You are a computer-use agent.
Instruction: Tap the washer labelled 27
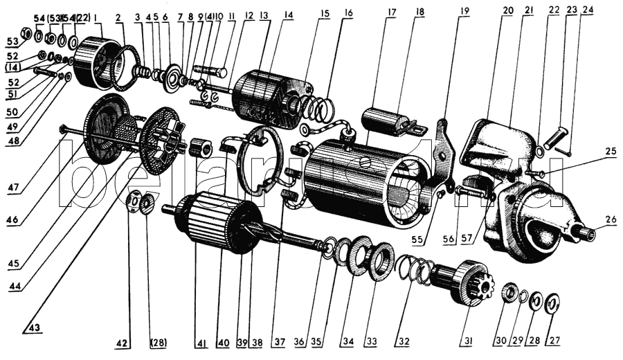tap(552, 303)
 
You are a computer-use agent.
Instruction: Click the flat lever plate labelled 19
tap(443, 147)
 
